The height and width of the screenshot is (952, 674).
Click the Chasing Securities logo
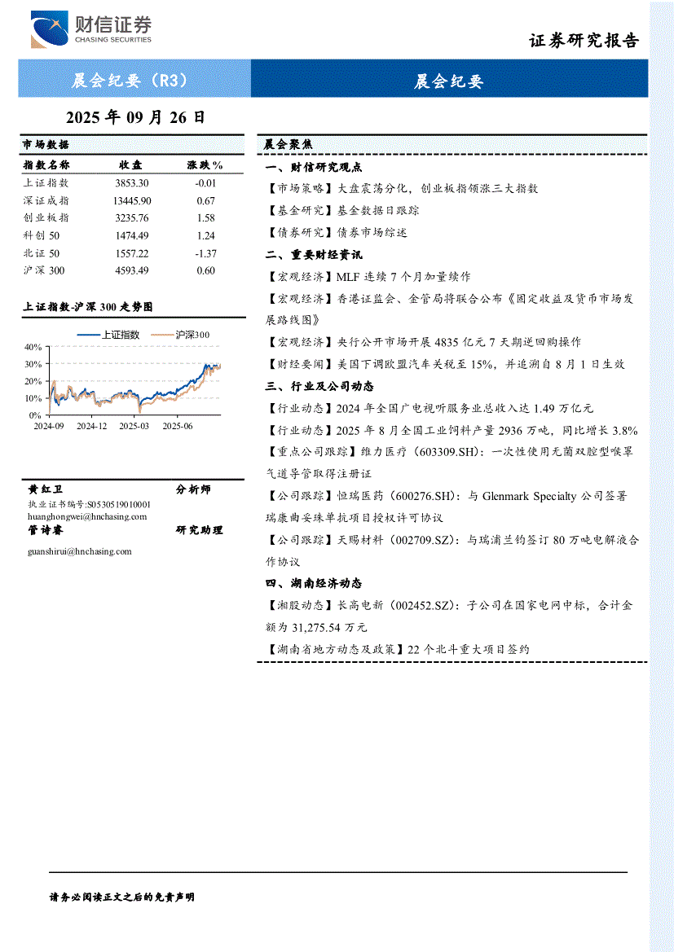pyautogui.click(x=90, y=30)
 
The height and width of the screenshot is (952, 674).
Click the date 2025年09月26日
pyautogui.click(x=134, y=117)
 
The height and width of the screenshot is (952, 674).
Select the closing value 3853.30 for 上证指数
pyautogui.click(x=131, y=183)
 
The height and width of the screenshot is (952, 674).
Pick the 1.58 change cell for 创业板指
pyautogui.click(x=205, y=218)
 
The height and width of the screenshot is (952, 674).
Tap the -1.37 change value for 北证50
pyautogui.click(x=205, y=253)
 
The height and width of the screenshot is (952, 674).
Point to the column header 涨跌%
pyautogui.click(x=205, y=165)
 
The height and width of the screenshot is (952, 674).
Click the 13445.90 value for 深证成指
pyautogui.click(x=131, y=201)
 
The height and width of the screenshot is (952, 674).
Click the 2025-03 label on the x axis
pyautogui.click(x=134, y=426)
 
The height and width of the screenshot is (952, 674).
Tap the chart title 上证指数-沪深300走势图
pyautogui.click(x=88, y=307)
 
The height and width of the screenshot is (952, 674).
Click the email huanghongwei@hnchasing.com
pyautogui.click(x=87, y=516)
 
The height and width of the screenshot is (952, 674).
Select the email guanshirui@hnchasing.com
pyautogui.click(x=79, y=551)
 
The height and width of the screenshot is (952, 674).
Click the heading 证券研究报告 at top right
pyautogui.click(x=584, y=41)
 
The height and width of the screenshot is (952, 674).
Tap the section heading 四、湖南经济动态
pyautogui.click(x=314, y=584)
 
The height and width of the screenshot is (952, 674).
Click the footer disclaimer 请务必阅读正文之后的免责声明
pyautogui.click(x=122, y=897)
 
